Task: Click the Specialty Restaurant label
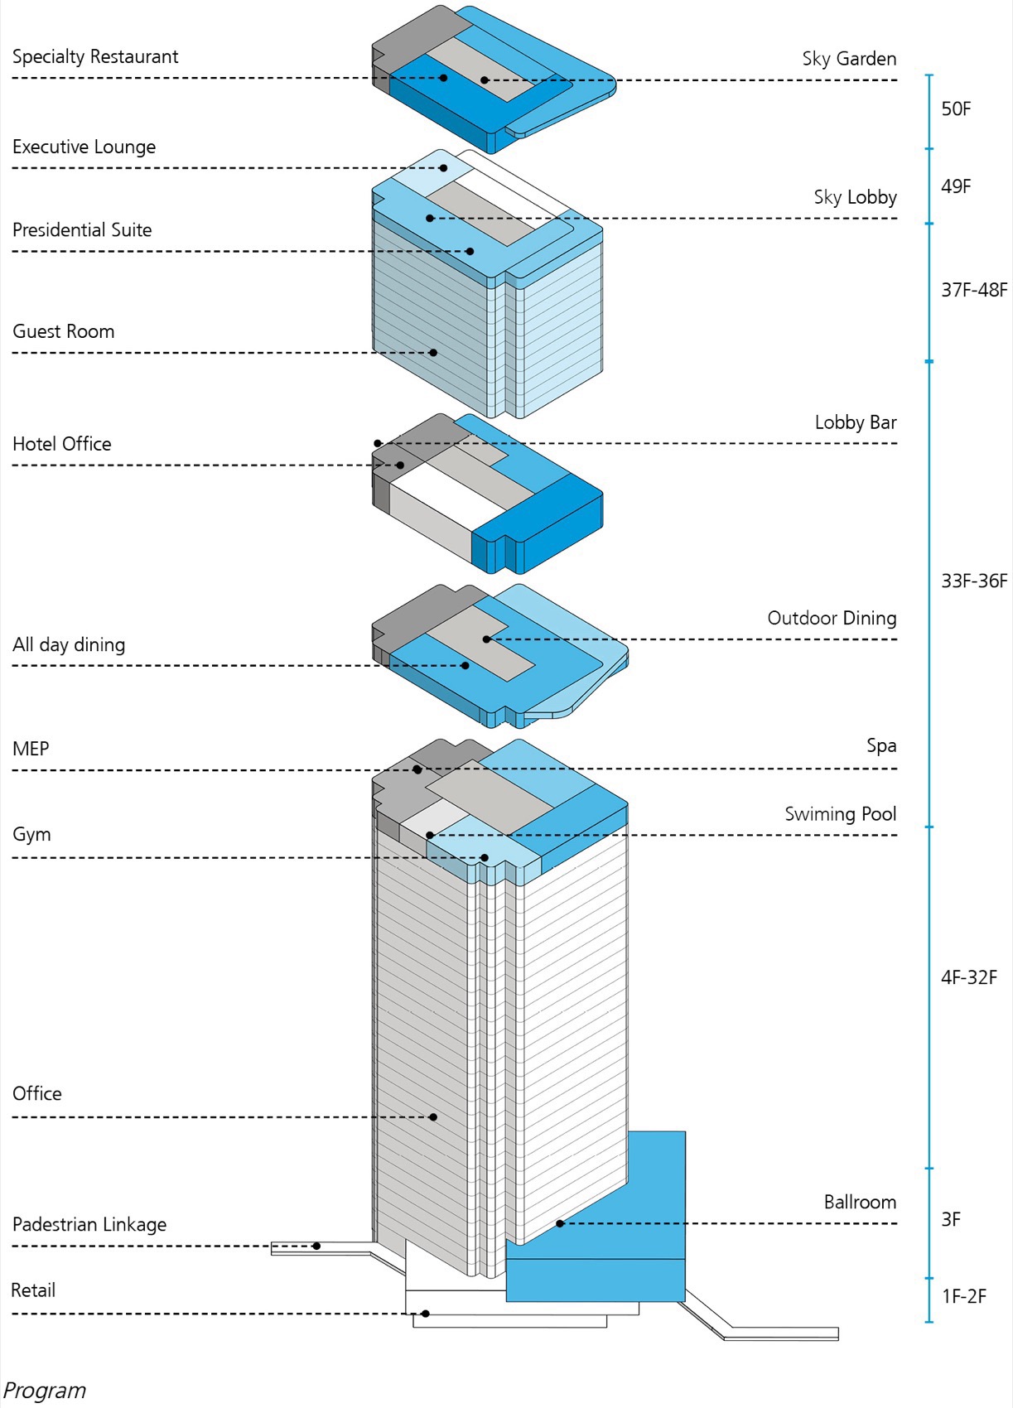[95, 57]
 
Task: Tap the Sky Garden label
[849, 59]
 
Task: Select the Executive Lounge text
[84, 147]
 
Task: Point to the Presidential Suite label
[82, 230]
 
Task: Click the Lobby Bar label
[856, 422]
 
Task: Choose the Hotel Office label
[62, 444]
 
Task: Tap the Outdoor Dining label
[832, 618]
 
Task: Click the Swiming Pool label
[841, 814]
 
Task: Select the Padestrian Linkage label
[89, 1224]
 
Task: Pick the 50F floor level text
[956, 109]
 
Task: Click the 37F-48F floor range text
[974, 290]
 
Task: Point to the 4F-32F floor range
[969, 977]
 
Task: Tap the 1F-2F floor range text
[964, 1296]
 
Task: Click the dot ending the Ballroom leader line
[560, 1223]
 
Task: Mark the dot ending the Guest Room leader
[433, 353]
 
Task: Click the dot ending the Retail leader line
[426, 1314]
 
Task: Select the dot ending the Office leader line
[433, 1117]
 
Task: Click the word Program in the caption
[45, 1391]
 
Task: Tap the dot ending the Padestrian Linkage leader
[316, 1246]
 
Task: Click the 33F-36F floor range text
[974, 581]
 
